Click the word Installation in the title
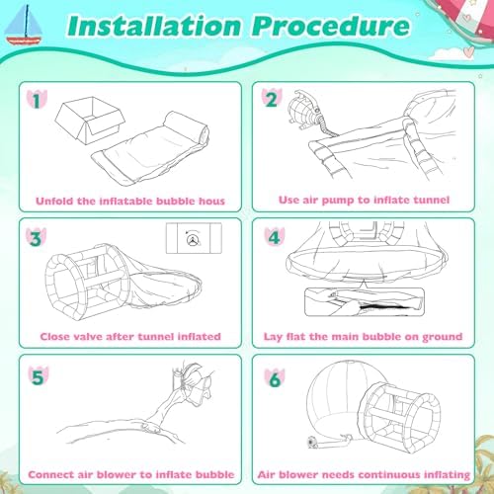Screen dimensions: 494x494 click(155, 26)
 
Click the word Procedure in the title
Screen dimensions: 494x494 click(331, 26)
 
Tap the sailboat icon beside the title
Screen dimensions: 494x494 click(24, 26)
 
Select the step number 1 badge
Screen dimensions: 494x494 click(37, 100)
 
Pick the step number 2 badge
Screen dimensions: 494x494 click(272, 99)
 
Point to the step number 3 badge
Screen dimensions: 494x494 click(37, 237)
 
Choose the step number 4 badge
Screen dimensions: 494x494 click(275, 237)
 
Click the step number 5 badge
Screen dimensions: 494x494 click(38, 376)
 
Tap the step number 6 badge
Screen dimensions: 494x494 click(275, 378)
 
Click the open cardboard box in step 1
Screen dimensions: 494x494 click(90, 120)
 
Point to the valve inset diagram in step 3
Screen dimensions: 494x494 click(194, 238)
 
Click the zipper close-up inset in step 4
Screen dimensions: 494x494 click(365, 302)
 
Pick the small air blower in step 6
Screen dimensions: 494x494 click(312, 442)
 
